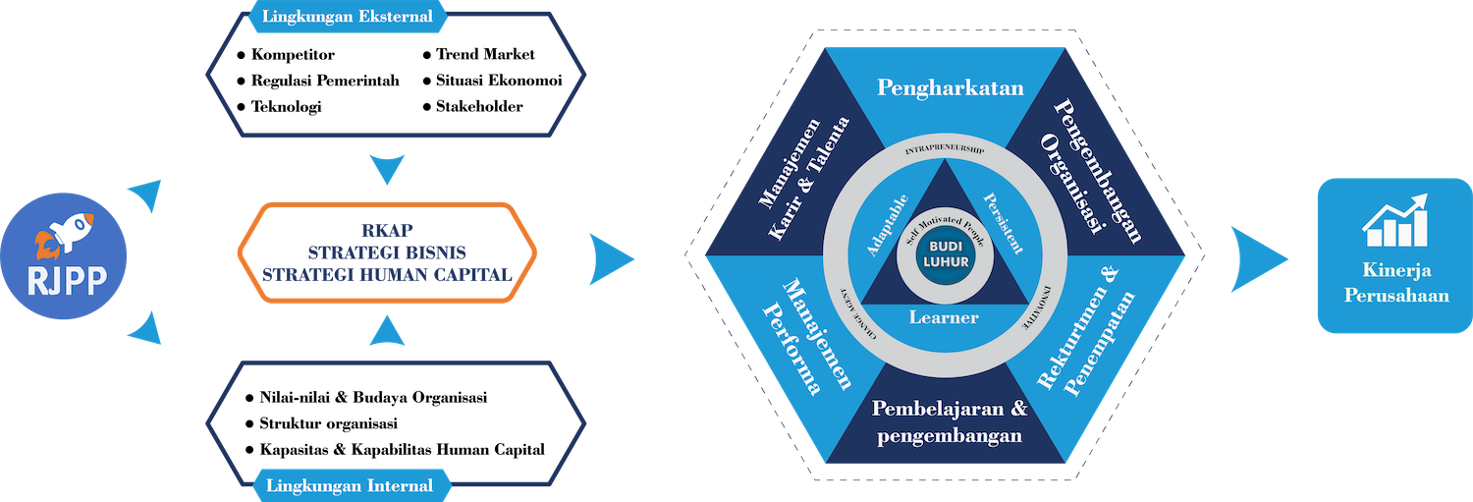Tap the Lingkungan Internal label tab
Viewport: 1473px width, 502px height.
pyautogui.click(x=349, y=485)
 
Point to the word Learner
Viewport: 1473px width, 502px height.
pyautogui.click(x=944, y=317)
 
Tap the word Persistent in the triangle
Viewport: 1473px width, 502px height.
pyautogui.click(x=1003, y=223)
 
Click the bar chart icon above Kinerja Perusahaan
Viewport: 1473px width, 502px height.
pyautogui.click(x=1395, y=220)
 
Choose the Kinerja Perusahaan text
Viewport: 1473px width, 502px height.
pyautogui.click(x=1395, y=282)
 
